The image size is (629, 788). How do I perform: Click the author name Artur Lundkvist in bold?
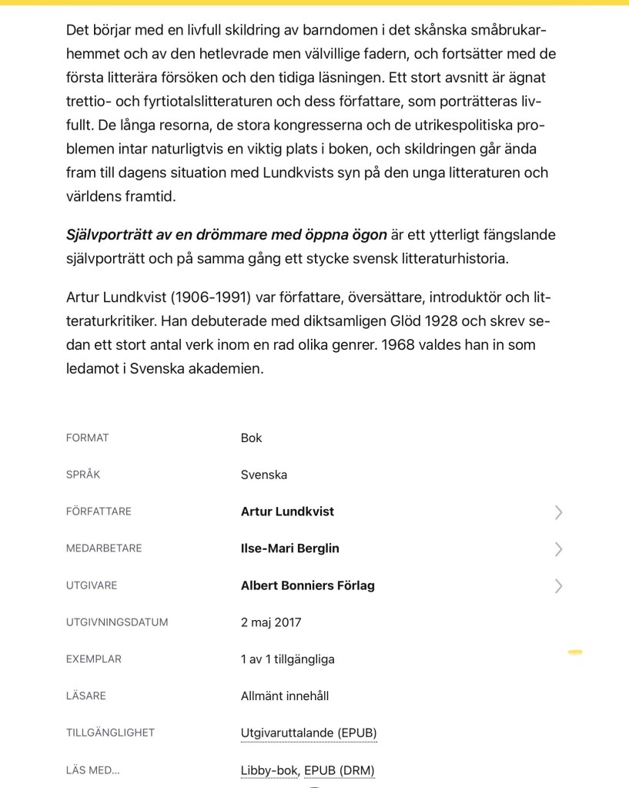(x=287, y=511)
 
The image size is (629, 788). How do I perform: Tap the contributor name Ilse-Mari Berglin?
(x=289, y=548)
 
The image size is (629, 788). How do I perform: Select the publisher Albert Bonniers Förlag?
(x=307, y=585)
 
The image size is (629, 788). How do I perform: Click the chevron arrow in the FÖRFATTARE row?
(x=558, y=512)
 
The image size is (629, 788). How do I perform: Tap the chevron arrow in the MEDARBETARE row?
(x=558, y=549)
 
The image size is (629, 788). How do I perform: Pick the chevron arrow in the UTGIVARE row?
(x=558, y=586)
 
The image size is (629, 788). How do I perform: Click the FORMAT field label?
(x=88, y=438)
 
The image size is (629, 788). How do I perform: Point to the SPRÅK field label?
(x=83, y=474)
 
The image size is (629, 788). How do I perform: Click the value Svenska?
(x=264, y=474)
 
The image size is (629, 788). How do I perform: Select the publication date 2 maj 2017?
(x=271, y=622)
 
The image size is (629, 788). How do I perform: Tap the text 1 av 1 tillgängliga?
(x=287, y=659)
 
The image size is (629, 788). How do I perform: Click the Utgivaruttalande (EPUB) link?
(x=309, y=733)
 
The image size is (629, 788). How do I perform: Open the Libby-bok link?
(x=269, y=770)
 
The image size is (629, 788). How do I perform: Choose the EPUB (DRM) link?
(x=339, y=770)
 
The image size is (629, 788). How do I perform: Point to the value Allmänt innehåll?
(x=284, y=696)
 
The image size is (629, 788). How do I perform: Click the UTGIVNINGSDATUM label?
(x=117, y=622)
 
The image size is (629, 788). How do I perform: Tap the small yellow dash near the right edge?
(x=574, y=652)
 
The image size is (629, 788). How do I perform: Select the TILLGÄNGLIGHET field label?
(x=110, y=733)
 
